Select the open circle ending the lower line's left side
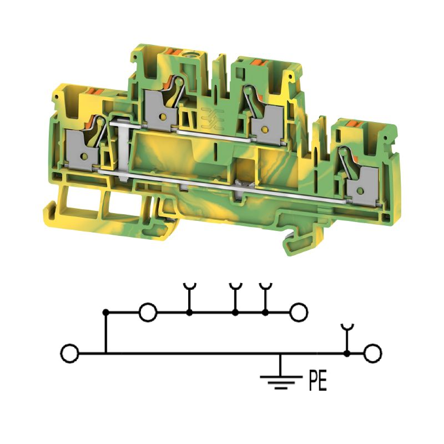pyautogui.click(x=70, y=354)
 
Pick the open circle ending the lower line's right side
pyautogui.click(x=373, y=354)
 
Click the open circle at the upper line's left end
pyautogui.click(x=148, y=312)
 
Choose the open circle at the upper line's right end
pyautogui.click(x=299, y=312)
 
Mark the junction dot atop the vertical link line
pyautogui.click(x=105, y=312)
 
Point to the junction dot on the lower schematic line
pyautogui.click(x=346, y=354)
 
